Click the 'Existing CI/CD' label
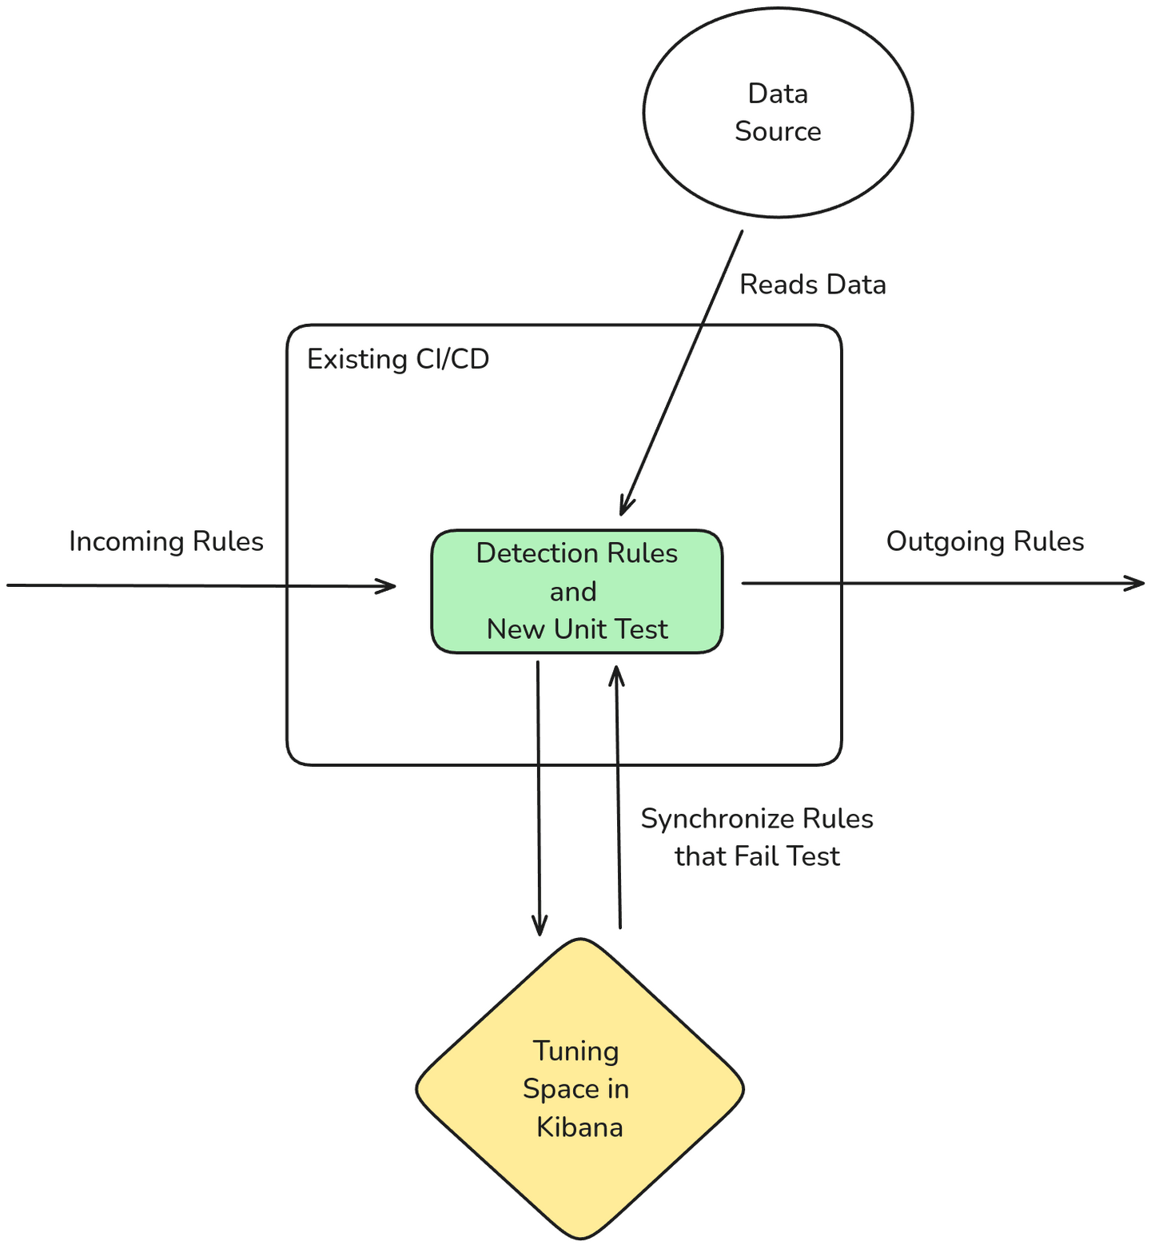pyautogui.click(x=398, y=359)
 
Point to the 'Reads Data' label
pyautogui.click(x=812, y=285)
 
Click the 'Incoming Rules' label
pyautogui.click(x=166, y=541)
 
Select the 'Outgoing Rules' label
pyautogui.click(x=985, y=541)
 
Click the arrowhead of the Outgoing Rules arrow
pyautogui.click(x=1138, y=583)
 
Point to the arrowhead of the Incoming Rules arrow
pyautogui.click(x=389, y=586)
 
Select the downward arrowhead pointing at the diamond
pyautogui.click(x=540, y=928)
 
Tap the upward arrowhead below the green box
pyautogui.click(x=616, y=673)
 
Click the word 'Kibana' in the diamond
pyautogui.click(x=579, y=1127)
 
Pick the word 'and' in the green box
pyautogui.click(x=573, y=592)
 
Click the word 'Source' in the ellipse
pyautogui.click(x=778, y=131)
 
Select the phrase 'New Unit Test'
pyautogui.click(x=577, y=629)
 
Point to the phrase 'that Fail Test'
pyautogui.click(x=757, y=856)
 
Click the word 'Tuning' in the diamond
pyautogui.click(x=575, y=1051)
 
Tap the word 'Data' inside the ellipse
pyautogui.click(x=778, y=94)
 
